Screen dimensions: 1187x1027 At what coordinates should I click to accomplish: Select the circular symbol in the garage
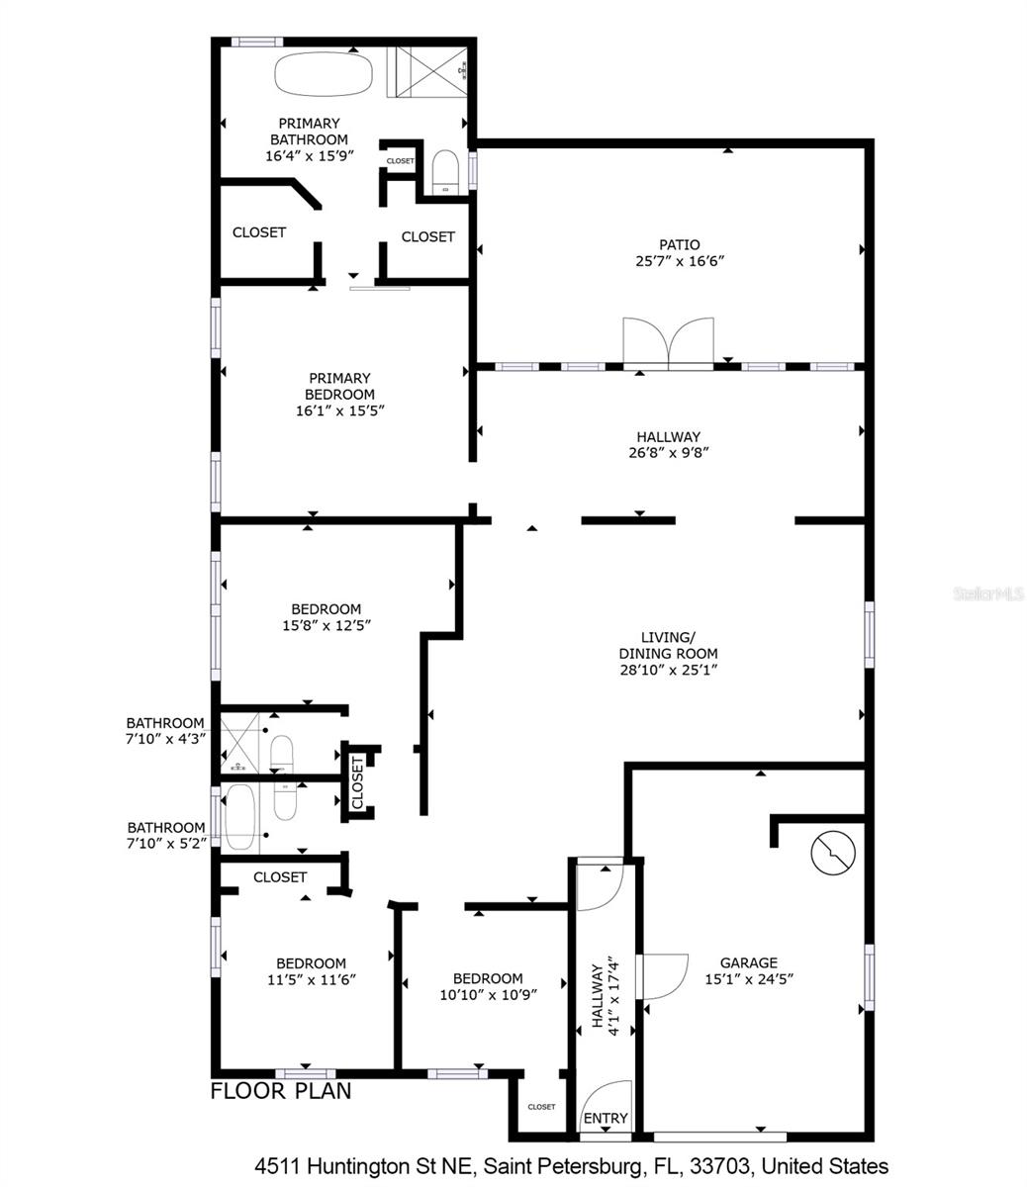[833, 853]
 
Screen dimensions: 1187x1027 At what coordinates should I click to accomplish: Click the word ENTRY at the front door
[606, 1118]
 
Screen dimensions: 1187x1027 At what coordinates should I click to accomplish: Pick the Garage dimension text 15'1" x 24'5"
[748, 979]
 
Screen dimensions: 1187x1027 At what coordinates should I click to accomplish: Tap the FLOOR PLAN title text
[281, 1092]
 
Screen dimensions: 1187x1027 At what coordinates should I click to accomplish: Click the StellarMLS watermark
[987, 594]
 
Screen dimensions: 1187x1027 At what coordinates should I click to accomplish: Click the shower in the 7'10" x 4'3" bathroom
[239, 742]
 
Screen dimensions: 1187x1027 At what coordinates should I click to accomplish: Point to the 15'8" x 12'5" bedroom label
[326, 617]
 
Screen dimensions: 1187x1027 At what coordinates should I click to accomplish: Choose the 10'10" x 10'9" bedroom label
[488, 987]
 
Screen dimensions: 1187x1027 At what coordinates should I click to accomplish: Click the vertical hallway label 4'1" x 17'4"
[605, 998]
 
